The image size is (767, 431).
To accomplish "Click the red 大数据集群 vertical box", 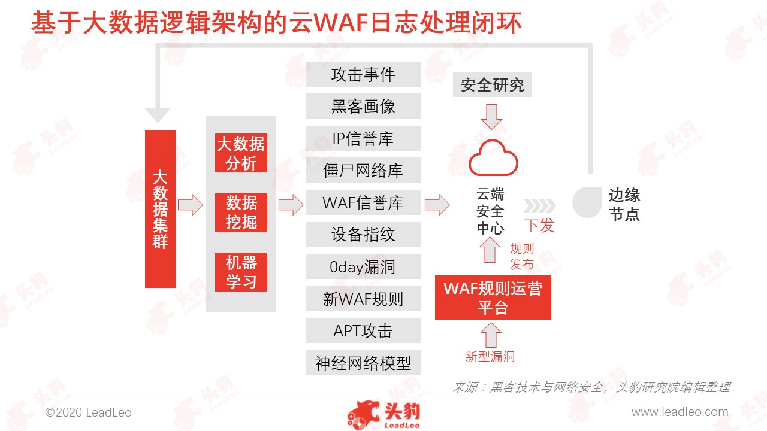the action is (160, 209).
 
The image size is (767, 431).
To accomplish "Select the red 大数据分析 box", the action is (241, 153).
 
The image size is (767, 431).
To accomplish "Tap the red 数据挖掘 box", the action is (241, 213).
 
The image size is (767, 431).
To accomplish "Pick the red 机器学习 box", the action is (241, 272).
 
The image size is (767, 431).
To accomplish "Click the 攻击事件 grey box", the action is (363, 74).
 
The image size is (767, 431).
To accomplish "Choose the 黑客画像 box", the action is (363, 106).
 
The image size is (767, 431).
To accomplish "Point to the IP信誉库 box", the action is (363, 138).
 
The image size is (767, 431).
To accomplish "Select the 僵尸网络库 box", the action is (363, 170).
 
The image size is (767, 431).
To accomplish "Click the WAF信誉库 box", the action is (363, 202).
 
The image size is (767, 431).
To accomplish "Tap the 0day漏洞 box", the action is (363, 266).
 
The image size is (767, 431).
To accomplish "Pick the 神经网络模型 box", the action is (363, 363).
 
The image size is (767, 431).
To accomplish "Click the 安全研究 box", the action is (492, 84).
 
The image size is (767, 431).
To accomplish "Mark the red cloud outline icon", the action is (493, 158).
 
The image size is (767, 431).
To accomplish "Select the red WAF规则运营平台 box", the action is (493, 298).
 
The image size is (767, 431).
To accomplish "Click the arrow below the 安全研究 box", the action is (492, 117).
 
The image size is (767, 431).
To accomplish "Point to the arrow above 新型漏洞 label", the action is (491, 335).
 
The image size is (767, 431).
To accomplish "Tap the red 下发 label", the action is (539, 226).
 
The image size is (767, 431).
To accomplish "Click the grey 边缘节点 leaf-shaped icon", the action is (587, 202).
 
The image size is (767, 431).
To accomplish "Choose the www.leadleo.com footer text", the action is (680, 412).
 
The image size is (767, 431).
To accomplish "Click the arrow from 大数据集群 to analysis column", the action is (191, 205).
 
